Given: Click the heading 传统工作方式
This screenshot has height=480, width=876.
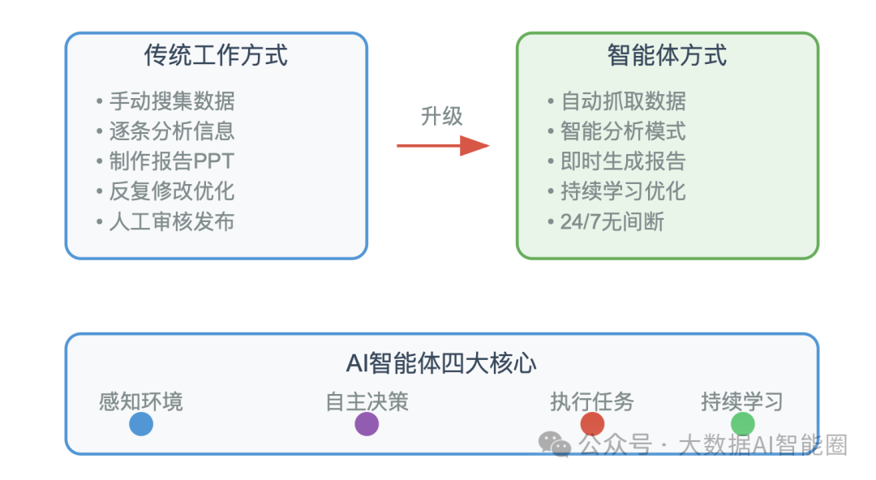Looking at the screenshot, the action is pyautogui.click(x=216, y=55).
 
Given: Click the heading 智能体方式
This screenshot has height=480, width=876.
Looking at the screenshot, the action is pyautogui.click(x=667, y=55).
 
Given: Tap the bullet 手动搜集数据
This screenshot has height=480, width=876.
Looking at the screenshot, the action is pyautogui.click(x=165, y=101).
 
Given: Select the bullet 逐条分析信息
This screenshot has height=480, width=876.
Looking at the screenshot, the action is pyautogui.click(x=165, y=131).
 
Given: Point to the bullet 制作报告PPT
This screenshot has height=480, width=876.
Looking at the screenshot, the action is pyautogui.click(x=165, y=161).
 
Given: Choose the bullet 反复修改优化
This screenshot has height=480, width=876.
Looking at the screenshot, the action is pyautogui.click(x=165, y=191).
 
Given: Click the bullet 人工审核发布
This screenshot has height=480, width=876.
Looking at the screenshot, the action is pyautogui.click(x=165, y=222).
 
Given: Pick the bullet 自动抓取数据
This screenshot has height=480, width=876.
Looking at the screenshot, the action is pyautogui.click(x=616, y=101).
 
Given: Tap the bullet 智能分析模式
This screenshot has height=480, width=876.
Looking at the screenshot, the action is pyautogui.click(x=616, y=131).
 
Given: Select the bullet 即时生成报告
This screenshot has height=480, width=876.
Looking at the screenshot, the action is pyautogui.click(x=616, y=161).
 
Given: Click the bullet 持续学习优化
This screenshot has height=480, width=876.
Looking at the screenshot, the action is pyautogui.click(x=616, y=191).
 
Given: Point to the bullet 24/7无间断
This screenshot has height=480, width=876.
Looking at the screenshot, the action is pyautogui.click(x=606, y=222).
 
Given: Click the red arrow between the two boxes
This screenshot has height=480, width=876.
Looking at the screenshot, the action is pyautogui.click(x=443, y=146).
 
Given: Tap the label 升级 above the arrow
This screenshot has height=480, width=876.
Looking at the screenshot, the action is pyautogui.click(x=441, y=116).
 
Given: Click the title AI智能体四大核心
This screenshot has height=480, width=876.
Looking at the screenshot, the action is pyautogui.click(x=441, y=363).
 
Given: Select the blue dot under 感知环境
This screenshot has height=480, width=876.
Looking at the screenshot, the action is pyautogui.click(x=141, y=424).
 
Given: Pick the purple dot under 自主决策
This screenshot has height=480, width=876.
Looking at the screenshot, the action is pyautogui.click(x=367, y=424).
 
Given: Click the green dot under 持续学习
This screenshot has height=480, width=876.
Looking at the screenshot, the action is pyautogui.click(x=742, y=424).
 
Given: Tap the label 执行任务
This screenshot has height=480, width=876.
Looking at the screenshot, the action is pyautogui.click(x=591, y=402).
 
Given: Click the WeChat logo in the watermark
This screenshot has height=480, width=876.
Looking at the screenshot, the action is pyautogui.click(x=554, y=444).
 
